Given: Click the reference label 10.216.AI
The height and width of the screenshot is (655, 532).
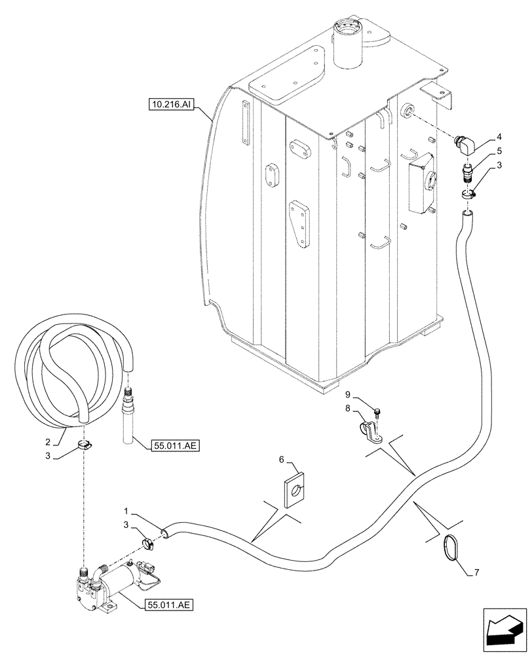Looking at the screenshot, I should pyautogui.click(x=169, y=103).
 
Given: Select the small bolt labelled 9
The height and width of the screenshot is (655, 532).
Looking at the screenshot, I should pyautogui.click(x=379, y=412).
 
